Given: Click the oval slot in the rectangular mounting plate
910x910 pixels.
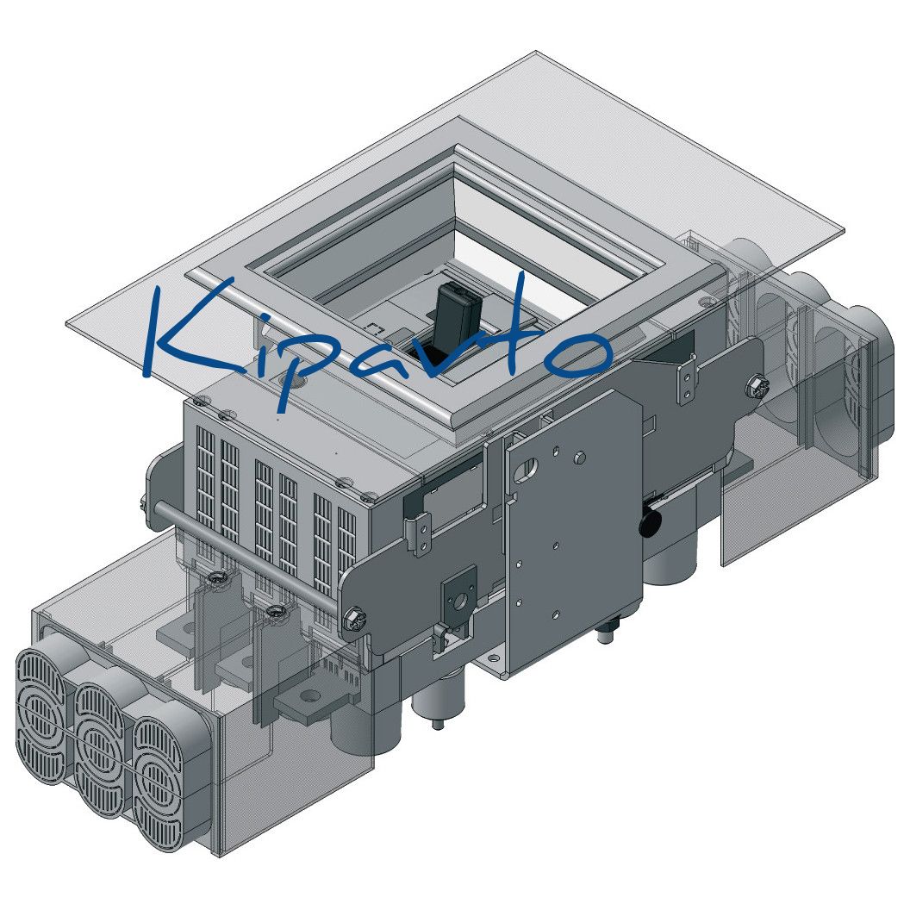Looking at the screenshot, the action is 529,467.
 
